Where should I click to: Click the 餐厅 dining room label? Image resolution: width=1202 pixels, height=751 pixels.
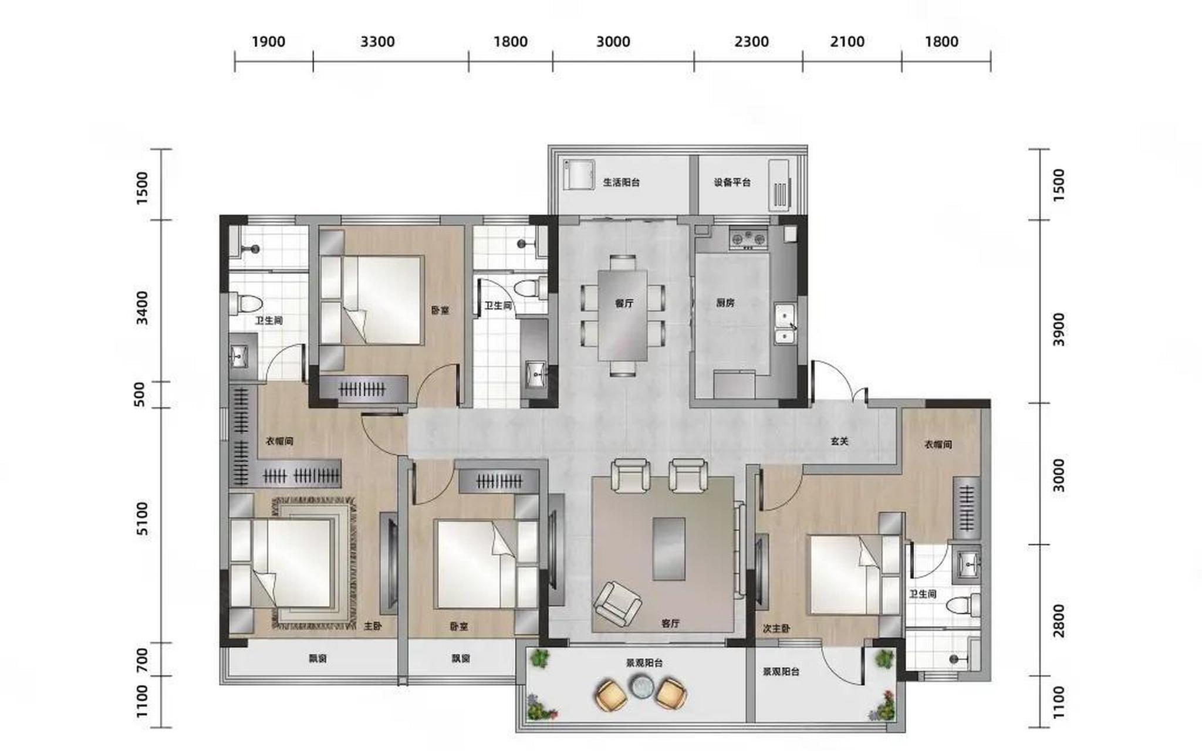(624, 303)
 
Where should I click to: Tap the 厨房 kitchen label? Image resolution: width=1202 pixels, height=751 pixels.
(725, 303)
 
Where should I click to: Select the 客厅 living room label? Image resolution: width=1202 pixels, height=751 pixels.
(670, 624)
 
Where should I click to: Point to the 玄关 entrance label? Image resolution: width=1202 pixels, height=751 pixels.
(840, 441)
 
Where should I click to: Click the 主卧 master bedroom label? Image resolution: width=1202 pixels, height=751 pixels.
(373, 627)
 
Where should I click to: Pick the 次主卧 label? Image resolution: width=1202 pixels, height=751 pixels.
(776, 629)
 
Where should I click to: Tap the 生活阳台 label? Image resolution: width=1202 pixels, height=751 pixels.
(622, 182)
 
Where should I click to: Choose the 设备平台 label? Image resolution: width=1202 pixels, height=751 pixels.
(732, 182)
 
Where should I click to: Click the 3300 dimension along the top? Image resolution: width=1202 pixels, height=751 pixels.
(377, 42)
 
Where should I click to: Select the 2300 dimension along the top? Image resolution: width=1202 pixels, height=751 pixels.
(752, 42)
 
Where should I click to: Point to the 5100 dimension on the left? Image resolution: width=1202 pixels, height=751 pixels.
(143, 519)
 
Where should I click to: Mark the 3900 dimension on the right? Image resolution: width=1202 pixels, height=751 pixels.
(1058, 329)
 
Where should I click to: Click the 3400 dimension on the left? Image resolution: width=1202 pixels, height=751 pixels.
(143, 308)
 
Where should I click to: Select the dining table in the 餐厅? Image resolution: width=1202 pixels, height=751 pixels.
(623, 315)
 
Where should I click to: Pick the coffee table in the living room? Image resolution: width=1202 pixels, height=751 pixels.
(669, 549)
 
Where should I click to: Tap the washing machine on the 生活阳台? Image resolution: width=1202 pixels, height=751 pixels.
(579, 174)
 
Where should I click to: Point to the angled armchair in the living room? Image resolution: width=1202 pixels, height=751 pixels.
(617, 604)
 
